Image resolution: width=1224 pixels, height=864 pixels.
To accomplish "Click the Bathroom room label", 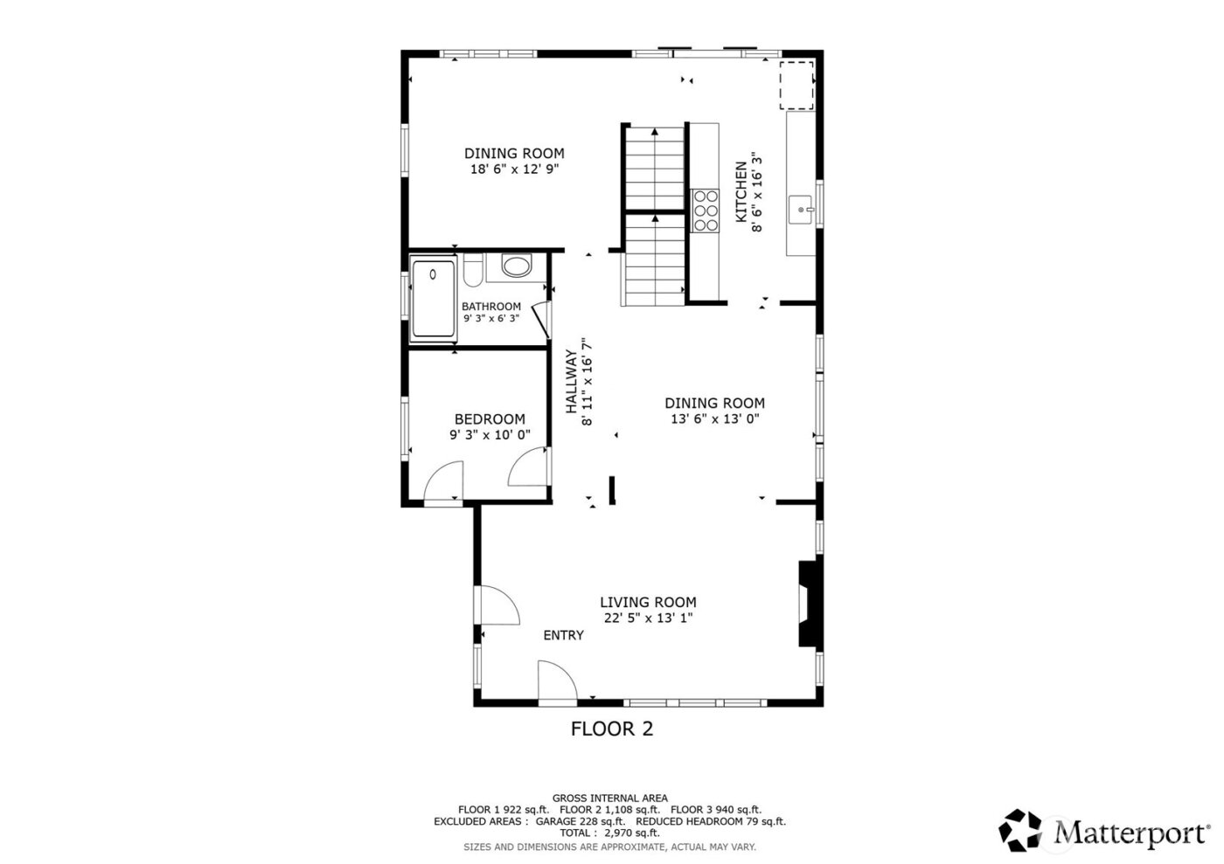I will (490, 307).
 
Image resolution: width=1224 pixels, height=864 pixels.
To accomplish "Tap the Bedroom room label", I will (490, 419).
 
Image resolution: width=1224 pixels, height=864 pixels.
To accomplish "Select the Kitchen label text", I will (741, 191).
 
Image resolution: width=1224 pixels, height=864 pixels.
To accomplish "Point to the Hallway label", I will (571, 382).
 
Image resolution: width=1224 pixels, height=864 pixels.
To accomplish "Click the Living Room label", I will (648, 602).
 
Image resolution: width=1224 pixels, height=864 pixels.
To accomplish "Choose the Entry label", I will (563, 635).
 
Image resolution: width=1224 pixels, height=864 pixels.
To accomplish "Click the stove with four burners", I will (705, 211).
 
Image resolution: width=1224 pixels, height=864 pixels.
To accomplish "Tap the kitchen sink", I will (802, 211).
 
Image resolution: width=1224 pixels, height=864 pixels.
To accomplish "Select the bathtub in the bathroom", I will (434, 298).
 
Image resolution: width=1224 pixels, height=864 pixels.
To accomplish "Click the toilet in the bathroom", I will (471, 271).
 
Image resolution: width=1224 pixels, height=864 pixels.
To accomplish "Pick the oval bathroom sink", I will (516, 266).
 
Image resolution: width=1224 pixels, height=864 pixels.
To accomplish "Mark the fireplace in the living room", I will (808, 603).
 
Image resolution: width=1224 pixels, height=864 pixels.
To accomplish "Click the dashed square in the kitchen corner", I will (796, 85).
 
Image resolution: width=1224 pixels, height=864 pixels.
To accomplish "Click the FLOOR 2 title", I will (612, 729).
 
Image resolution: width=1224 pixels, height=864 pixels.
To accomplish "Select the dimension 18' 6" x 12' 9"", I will (514, 169).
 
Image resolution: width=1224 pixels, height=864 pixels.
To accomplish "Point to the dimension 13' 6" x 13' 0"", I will (714, 418).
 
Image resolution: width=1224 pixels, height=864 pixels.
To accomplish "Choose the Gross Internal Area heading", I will (609, 798).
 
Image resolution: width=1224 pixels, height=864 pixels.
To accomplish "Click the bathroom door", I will (540, 319).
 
